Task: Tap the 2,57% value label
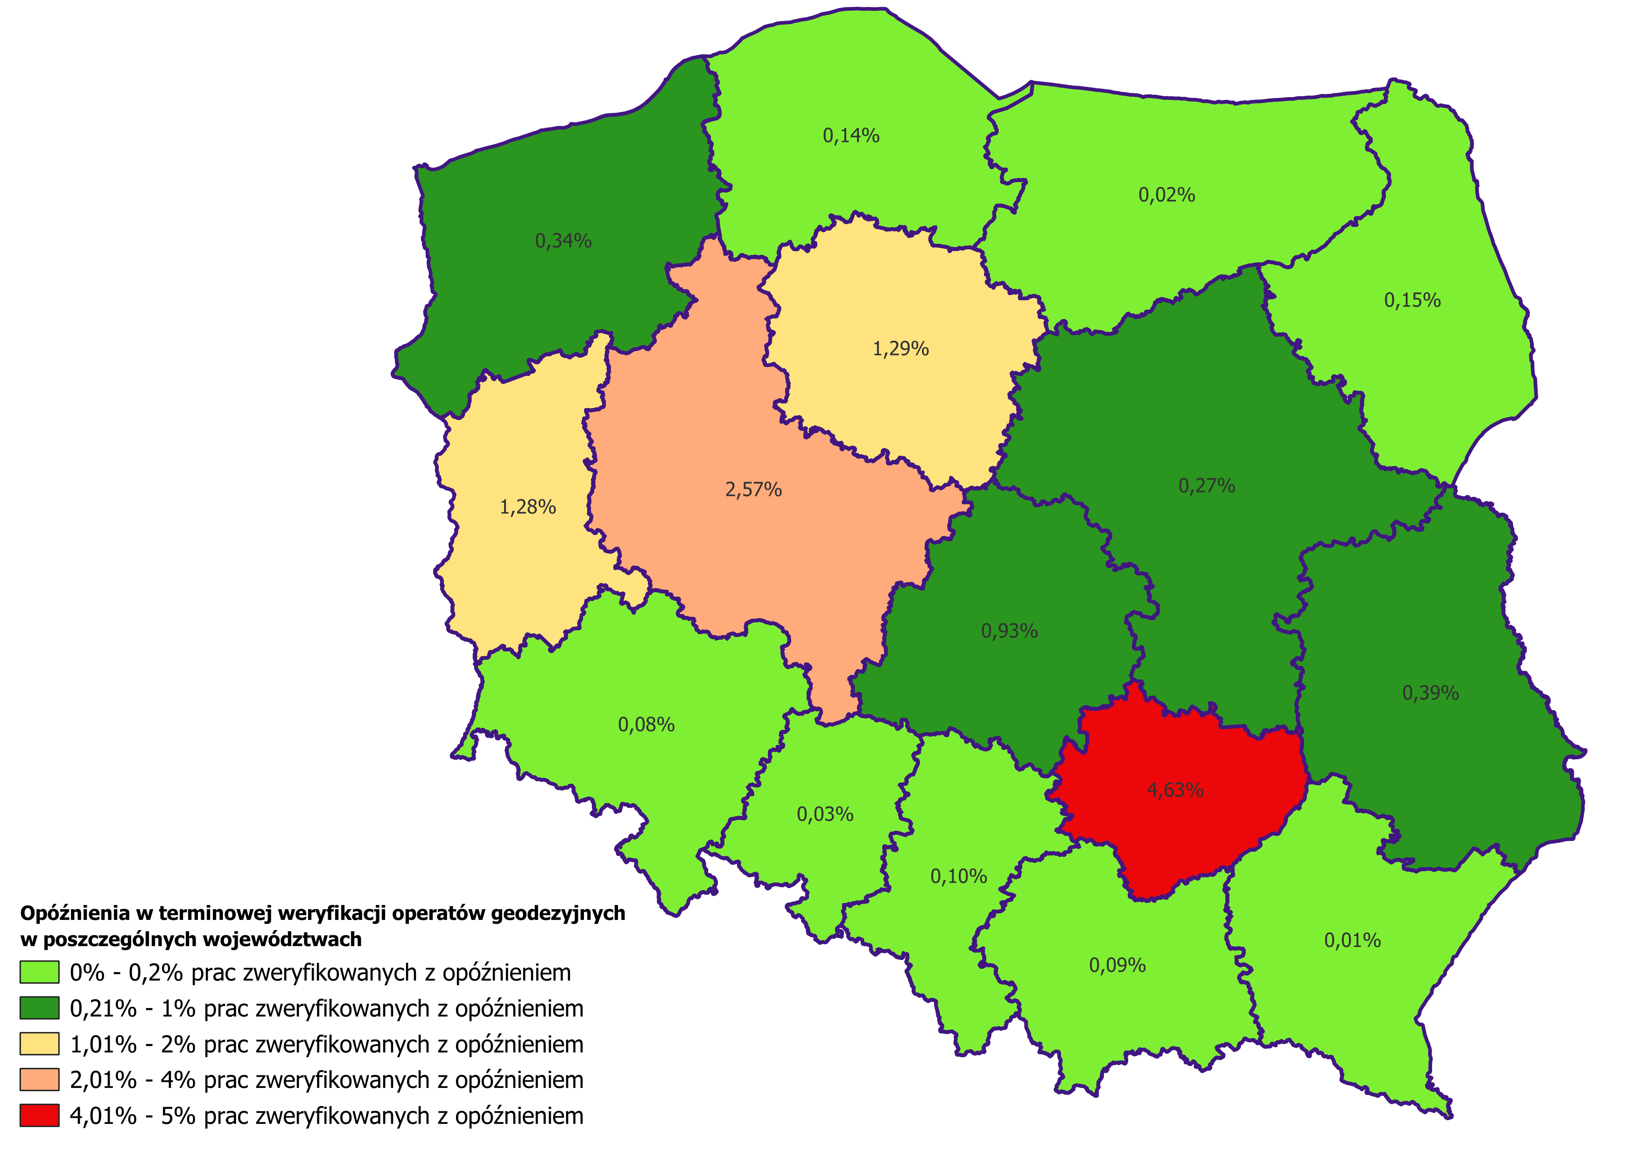(x=754, y=490)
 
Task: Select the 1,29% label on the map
(x=901, y=349)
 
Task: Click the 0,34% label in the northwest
(x=563, y=241)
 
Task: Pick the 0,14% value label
(x=851, y=135)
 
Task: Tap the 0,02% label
(x=1167, y=195)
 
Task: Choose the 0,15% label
(x=1412, y=300)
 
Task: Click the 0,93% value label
(x=1010, y=631)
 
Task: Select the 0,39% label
(x=1431, y=693)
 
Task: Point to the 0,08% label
(x=646, y=725)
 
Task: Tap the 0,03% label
(x=825, y=814)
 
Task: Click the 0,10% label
(x=959, y=876)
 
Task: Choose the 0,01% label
(x=1353, y=940)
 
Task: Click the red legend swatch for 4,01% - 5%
(x=39, y=1116)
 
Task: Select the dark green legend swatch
(x=39, y=1008)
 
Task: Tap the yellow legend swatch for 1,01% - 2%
(x=39, y=1044)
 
